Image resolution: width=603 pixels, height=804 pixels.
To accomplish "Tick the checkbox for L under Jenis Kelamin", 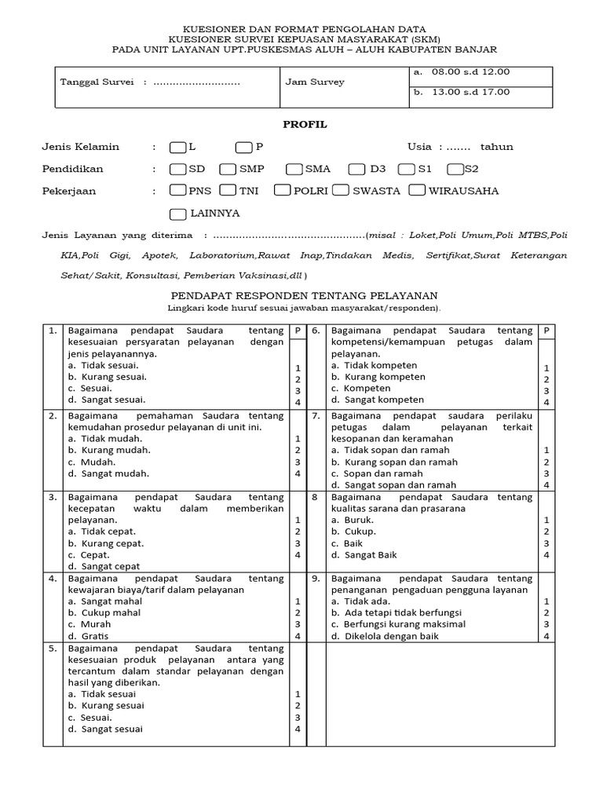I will pos(177,147).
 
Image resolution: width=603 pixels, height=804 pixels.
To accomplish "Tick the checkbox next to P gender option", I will pos(243,147).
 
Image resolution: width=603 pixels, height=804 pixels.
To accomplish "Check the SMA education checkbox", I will pos(294,169).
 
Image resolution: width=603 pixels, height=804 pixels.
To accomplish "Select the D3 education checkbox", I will pos(357,169).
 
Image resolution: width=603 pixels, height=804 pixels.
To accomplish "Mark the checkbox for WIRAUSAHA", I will pos(418,190).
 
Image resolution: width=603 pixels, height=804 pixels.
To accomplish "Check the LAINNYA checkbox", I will pos(177,213).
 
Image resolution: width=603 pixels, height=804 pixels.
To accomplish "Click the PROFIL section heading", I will pos(305,125).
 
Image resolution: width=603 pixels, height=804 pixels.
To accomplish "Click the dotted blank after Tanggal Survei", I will pos(196,82).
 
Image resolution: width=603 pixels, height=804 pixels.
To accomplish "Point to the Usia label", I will pos(419,147).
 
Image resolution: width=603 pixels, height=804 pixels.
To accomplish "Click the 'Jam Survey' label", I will pos(315,82).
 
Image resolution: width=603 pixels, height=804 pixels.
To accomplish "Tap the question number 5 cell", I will pos(53,649).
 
